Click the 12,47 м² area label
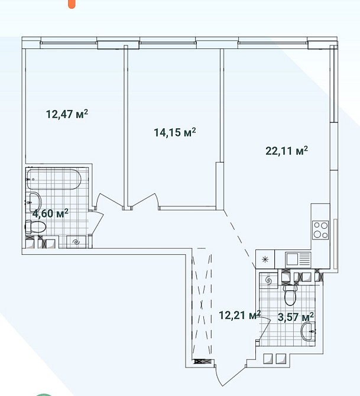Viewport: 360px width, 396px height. [67, 114]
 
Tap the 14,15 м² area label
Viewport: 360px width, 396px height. [175, 132]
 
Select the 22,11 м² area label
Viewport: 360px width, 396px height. [287, 151]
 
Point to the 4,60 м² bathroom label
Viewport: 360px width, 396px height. [50, 213]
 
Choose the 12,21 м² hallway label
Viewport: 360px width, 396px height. [240, 315]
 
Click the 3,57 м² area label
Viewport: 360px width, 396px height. [296, 317]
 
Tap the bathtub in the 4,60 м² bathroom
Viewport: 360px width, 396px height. [54, 179]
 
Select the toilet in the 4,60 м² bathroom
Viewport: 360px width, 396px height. [35, 227]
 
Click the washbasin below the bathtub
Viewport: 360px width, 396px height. [35, 202]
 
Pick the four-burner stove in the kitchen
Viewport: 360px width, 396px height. [320, 230]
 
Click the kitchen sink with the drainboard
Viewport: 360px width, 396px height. [298, 259]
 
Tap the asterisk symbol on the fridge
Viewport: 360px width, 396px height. [265, 259]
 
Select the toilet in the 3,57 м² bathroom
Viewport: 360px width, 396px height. [290, 295]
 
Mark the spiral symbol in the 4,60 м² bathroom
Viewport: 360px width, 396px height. [76, 242]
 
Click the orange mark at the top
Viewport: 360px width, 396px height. [72, 4]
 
